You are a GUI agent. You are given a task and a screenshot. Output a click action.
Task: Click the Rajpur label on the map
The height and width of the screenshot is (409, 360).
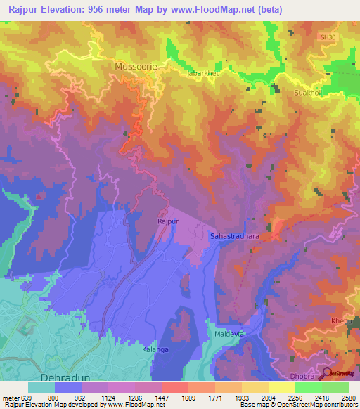point(164,221)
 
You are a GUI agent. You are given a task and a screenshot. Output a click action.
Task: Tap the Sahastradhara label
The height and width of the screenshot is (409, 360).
point(235,237)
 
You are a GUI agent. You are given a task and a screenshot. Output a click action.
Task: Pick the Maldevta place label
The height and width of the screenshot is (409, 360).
point(229,334)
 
